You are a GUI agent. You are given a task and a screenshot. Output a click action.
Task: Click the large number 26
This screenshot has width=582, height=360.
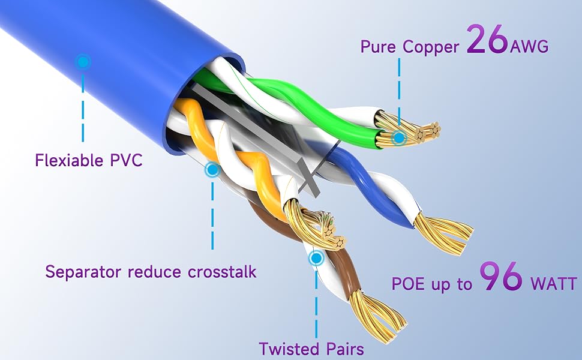(x=487, y=39)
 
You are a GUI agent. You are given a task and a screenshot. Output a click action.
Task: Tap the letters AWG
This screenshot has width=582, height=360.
(x=529, y=47)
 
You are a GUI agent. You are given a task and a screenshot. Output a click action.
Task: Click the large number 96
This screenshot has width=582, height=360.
(x=501, y=277)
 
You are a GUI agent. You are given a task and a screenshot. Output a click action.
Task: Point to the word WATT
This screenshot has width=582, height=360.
(x=554, y=284)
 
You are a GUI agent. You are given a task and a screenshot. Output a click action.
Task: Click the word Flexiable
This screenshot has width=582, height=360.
(x=68, y=161)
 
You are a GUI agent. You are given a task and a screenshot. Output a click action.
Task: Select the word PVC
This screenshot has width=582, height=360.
(x=126, y=161)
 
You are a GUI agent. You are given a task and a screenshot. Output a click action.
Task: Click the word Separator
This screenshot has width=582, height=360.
(x=83, y=272)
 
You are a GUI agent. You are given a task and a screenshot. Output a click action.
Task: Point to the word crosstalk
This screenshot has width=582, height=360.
(x=222, y=272)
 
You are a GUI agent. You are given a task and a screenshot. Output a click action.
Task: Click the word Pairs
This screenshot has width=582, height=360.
(x=345, y=349)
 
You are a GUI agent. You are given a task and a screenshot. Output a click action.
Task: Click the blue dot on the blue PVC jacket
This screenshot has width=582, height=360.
(x=83, y=62)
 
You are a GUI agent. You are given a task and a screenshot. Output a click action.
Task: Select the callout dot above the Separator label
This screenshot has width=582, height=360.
(x=212, y=170)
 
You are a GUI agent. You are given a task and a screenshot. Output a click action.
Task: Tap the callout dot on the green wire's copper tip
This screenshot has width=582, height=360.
(x=399, y=137)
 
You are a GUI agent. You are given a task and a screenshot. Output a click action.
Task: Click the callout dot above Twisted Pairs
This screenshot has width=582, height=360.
(x=316, y=257)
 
